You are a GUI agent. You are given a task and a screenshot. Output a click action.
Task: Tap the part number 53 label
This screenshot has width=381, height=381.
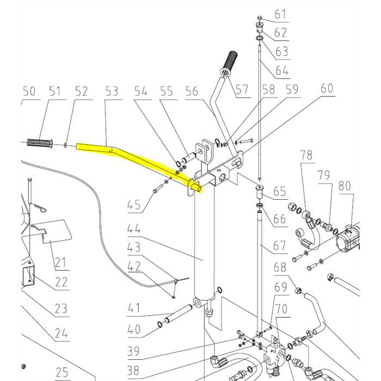pos(112,91)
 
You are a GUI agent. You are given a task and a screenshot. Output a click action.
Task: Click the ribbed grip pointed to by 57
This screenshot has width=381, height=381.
pos(230,63)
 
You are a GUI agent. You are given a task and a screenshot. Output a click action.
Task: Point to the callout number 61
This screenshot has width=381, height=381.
pos(280,14)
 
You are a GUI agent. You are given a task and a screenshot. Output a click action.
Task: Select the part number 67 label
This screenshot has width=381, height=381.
pos(280,245)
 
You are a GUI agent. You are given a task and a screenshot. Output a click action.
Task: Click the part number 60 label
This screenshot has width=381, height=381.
pos(327,88)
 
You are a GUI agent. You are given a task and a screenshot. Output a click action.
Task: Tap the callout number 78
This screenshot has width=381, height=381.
pos(306,155)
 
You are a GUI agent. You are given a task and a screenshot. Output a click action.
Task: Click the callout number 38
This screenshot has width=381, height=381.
pos(134,371)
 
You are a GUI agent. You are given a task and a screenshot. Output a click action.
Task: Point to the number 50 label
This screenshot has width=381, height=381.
pos(29,91)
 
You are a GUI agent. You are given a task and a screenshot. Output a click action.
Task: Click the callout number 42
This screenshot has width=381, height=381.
pos(134,267)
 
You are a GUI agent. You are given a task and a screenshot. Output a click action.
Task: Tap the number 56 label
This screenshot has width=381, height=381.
pos(192,91)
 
